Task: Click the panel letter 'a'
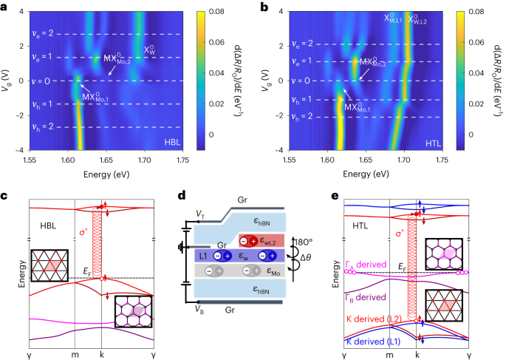click(x=5, y=6)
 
